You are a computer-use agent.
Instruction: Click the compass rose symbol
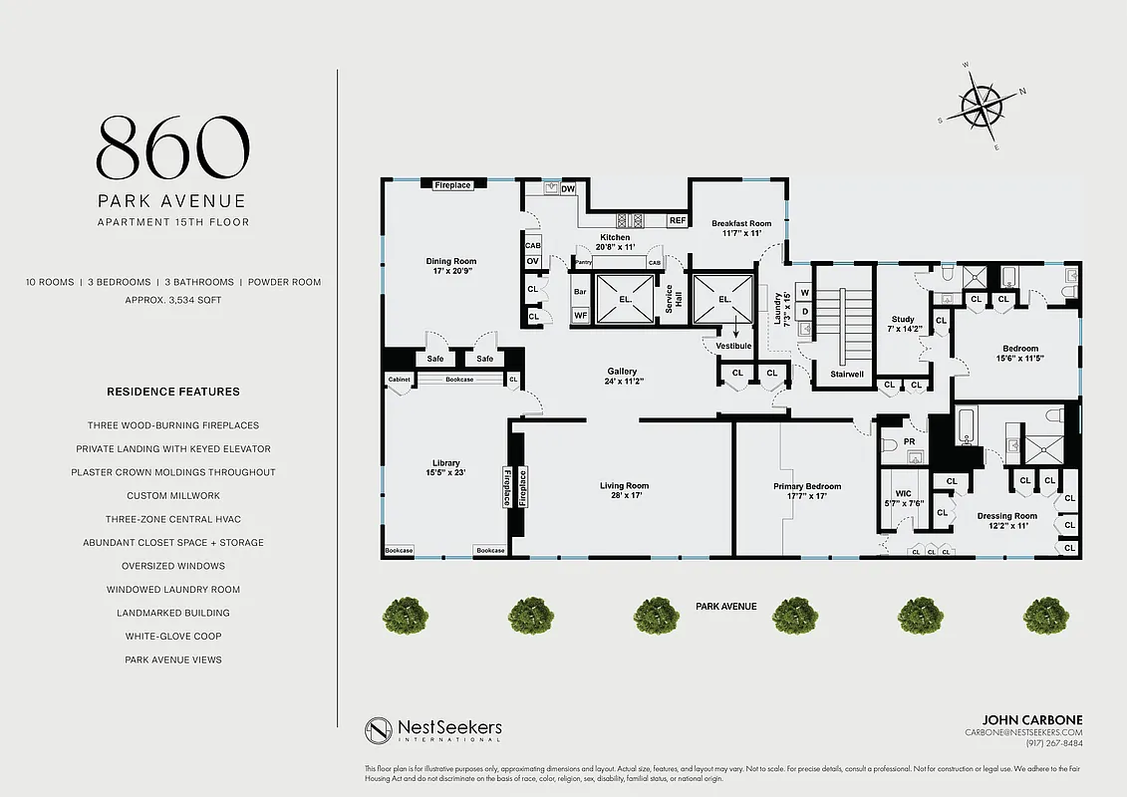click(x=981, y=107)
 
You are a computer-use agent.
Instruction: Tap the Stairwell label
click(x=840, y=376)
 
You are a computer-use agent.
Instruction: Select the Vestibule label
click(x=732, y=345)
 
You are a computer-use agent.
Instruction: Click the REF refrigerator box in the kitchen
click(x=678, y=220)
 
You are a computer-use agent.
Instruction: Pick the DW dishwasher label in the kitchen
click(x=568, y=188)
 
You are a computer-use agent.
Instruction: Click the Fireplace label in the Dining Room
click(x=452, y=185)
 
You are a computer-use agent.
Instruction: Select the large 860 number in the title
click(x=172, y=146)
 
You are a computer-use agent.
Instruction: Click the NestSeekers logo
click(x=433, y=731)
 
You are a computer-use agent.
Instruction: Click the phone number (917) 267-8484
click(x=1054, y=743)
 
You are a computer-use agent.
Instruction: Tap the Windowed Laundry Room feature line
click(x=173, y=590)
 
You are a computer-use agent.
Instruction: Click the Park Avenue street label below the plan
click(x=725, y=606)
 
